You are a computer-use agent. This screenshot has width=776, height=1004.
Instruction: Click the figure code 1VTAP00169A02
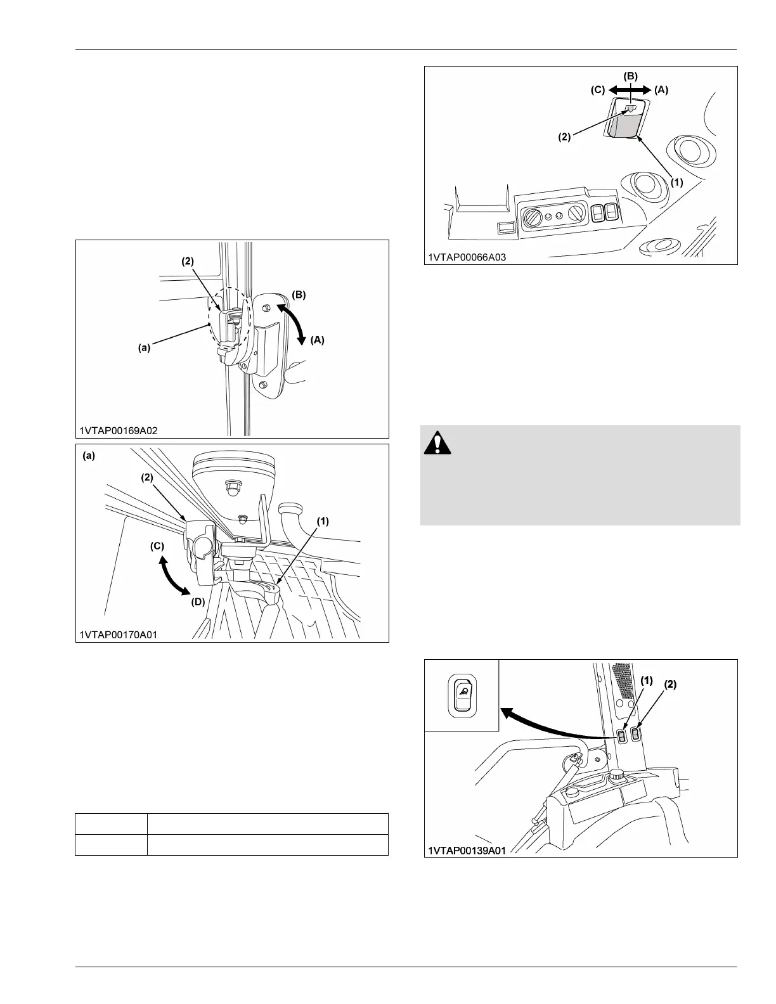(x=119, y=430)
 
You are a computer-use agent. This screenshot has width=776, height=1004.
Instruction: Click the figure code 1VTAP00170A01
(x=119, y=634)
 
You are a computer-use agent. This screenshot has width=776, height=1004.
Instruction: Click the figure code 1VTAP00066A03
(x=467, y=257)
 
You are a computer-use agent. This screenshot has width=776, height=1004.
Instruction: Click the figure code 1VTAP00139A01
(x=467, y=850)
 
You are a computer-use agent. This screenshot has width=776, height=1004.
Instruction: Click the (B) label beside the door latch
(x=299, y=294)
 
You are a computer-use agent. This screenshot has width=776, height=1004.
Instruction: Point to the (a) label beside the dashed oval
(x=145, y=347)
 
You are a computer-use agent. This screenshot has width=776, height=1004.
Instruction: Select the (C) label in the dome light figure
(x=598, y=90)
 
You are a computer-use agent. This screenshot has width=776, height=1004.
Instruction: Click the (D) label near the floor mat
(x=198, y=602)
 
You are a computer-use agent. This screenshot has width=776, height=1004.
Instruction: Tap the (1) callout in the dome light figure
(x=676, y=181)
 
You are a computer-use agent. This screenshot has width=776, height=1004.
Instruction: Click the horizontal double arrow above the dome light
(x=630, y=90)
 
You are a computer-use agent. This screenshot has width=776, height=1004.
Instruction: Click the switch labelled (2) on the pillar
(x=635, y=733)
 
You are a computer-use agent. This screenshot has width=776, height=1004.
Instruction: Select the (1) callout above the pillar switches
(x=646, y=680)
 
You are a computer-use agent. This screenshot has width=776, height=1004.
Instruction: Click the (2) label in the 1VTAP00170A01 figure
(x=146, y=477)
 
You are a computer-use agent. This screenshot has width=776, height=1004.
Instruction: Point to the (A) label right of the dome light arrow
(x=661, y=90)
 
